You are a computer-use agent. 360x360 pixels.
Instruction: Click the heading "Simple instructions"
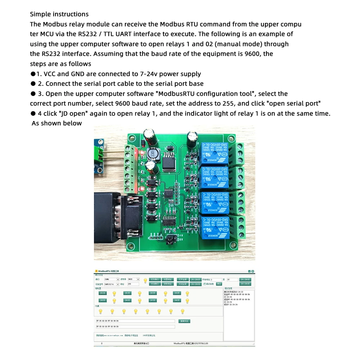(x=59, y=14)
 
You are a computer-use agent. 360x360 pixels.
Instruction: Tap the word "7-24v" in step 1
(x=149, y=74)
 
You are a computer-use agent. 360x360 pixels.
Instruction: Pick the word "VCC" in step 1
(x=50, y=74)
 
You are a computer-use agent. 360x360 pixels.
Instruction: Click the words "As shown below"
(x=57, y=123)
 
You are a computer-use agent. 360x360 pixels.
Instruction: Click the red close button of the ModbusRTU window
(x=253, y=271)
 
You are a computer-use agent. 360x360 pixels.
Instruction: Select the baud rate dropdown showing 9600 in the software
(x=134, y=279)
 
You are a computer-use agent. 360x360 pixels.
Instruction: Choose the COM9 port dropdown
(x=112, y=279)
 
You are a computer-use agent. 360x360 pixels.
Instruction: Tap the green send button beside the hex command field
(x=184, y=321)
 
